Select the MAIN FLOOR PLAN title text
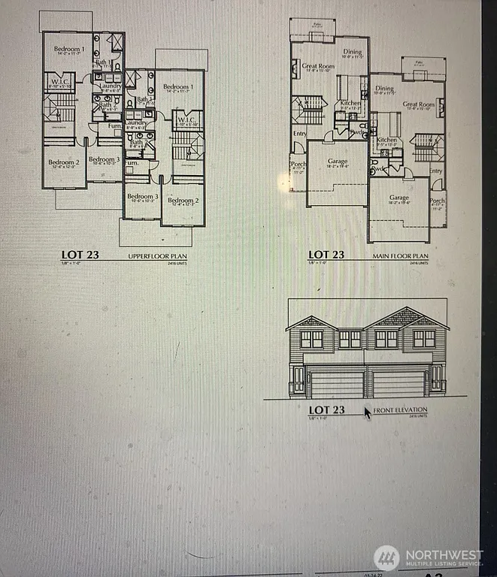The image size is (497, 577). pos(402,255)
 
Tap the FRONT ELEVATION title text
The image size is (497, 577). pos(401,410)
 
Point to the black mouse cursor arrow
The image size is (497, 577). pos(368,412)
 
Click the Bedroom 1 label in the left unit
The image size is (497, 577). pos(68,49)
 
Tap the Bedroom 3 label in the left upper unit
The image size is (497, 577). pos(104,159)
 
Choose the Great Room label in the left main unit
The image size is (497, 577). pos(317,66)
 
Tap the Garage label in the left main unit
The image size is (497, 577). pos(338,161)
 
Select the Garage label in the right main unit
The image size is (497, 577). pos(399,198)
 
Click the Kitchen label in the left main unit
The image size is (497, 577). pos(351,104)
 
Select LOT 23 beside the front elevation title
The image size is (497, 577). pos(326,410)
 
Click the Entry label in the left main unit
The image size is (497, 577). pos(300,134)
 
